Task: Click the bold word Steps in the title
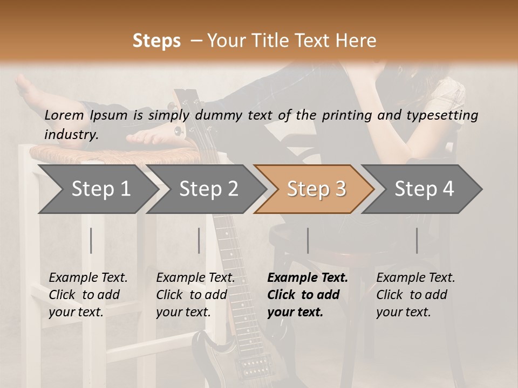[156, 41]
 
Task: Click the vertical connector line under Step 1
[91, 240]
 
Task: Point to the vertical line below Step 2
[199, 240]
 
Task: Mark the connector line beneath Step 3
[308, 240]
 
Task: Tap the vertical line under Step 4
[417, 240]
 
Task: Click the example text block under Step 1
[88, 295]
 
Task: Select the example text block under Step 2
[195, 295]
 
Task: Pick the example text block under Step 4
[415, 295]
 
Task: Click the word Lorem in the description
[64, 115]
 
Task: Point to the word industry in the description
[71, 134]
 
